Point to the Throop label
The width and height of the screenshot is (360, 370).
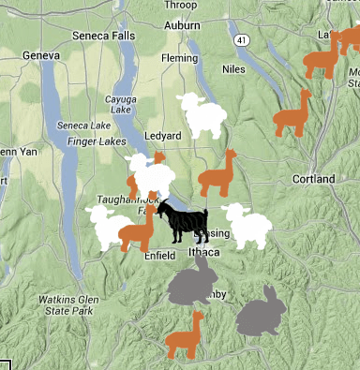[180, 5]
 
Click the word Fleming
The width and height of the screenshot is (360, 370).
[178, 57]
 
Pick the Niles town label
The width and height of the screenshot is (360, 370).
[233, 68]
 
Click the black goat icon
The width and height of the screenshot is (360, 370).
[181, 221]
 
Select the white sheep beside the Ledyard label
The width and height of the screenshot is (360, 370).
[202, 115]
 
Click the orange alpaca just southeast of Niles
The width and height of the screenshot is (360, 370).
[292, 114]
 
